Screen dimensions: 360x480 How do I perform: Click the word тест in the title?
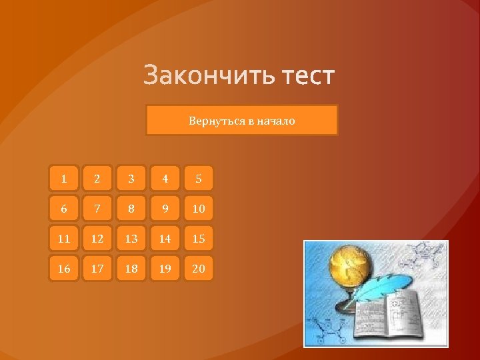pos(307,75)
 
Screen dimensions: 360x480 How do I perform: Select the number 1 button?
pos(64,179)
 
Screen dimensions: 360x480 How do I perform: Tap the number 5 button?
pos(199,179)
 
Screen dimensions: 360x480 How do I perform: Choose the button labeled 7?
pos(97,209)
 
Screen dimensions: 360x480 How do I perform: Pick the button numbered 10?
pos(199,209)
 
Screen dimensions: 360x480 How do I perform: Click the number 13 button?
pos(131,239)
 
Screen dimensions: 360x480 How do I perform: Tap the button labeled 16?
pos(64,269)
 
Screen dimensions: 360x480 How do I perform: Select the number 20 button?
pos(199,269)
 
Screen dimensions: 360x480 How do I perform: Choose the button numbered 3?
pos(131,179)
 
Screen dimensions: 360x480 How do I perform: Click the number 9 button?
pos(165,209)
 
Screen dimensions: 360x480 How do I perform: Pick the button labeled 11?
pos(64,239)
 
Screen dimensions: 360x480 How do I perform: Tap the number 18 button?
pos(131,269)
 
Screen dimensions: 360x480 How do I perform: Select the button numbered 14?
pos(165,239)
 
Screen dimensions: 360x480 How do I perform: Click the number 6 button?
pos(64,209)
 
